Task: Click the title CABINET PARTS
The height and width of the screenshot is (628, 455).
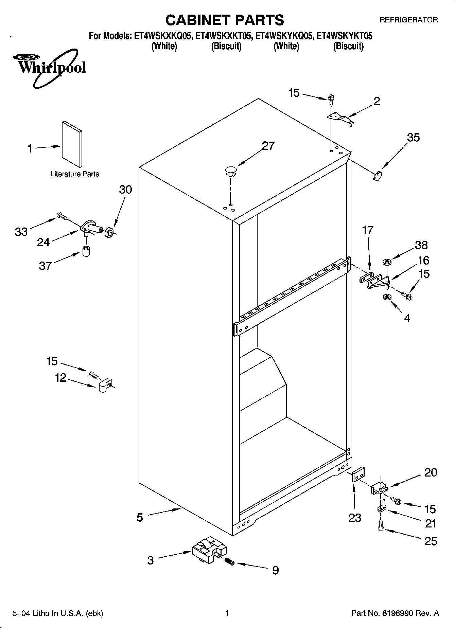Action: [x=224, y=20]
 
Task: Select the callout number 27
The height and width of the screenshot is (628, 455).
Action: [x=268, y=146]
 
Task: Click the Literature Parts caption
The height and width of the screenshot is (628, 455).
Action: [x=75, y=174]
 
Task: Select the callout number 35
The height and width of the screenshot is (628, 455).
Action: [x=413, y=138]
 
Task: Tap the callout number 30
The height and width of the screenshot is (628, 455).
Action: [x=125, y=190]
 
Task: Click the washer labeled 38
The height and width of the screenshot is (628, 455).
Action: [x=387, y=262]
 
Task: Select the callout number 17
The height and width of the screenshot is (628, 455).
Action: [x=368, y=230]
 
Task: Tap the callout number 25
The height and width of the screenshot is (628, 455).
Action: [x=431, y=541]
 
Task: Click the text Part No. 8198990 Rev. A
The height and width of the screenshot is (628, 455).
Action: [x=395, y=613]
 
